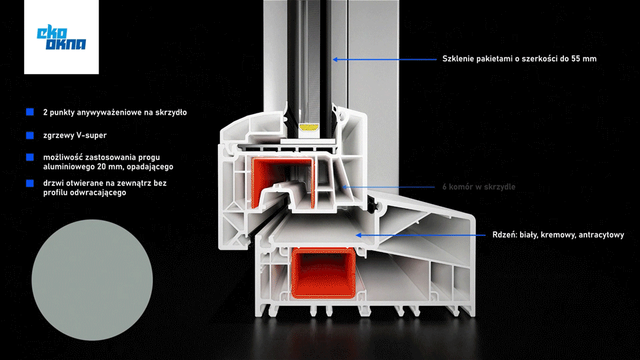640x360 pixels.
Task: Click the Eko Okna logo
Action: [61, 37]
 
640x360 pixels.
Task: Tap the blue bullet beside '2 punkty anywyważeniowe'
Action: [30, 112]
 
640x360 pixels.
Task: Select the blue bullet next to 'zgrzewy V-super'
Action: [30, 135]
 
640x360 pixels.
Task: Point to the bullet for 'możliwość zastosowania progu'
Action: [30, 157]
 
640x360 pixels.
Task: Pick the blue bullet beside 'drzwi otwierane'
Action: [30, 183]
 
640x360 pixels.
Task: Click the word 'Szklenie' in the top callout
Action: [458, 59]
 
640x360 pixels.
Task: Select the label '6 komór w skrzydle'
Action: [479, 187]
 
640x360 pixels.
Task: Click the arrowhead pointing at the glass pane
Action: [336, 59]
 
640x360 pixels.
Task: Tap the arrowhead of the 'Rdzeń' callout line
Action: [358, 235]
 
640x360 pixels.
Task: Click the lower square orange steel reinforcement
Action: [325, 271]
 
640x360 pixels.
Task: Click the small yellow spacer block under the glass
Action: [309, 125]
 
